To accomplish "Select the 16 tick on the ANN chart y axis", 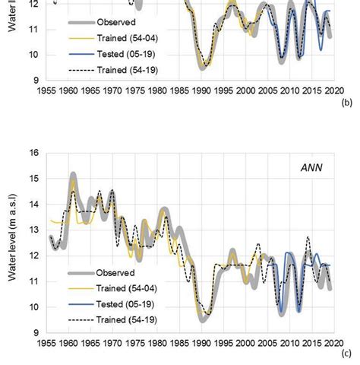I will (x=33, y=153).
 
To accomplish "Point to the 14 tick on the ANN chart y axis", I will (x=33, y=205).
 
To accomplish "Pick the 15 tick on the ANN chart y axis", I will (x=33, y=179).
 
